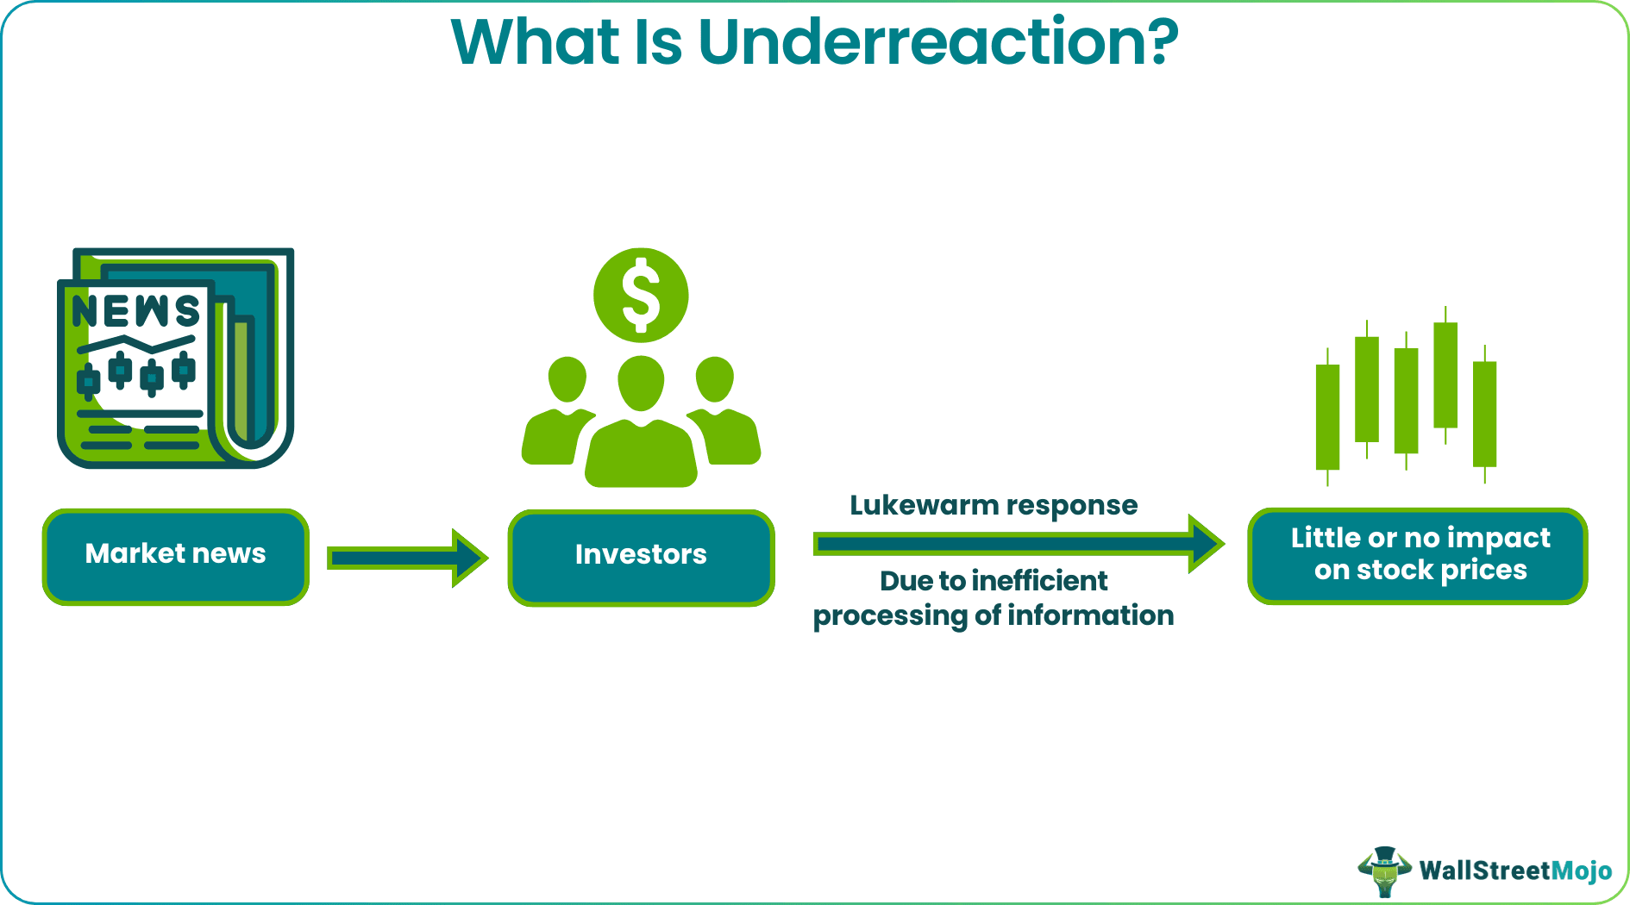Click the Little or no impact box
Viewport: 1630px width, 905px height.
tap(1418, 555)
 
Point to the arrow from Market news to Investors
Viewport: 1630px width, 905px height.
tap(406, 559)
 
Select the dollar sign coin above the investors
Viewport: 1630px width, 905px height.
tap(641, 296)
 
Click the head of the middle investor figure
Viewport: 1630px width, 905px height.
tap(641, 381)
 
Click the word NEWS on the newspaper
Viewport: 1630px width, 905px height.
tap(136, 311)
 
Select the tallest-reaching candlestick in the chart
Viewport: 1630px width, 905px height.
tap(1445, 375)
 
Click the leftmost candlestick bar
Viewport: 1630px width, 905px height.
tap(1327, 417)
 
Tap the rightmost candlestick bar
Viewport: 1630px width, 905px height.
tap(1484, 414)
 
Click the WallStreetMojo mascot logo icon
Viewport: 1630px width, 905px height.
tap(1384, 871)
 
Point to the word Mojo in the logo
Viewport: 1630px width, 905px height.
tap(1582, 871)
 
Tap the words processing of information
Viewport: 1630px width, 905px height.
tap(993, 616)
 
